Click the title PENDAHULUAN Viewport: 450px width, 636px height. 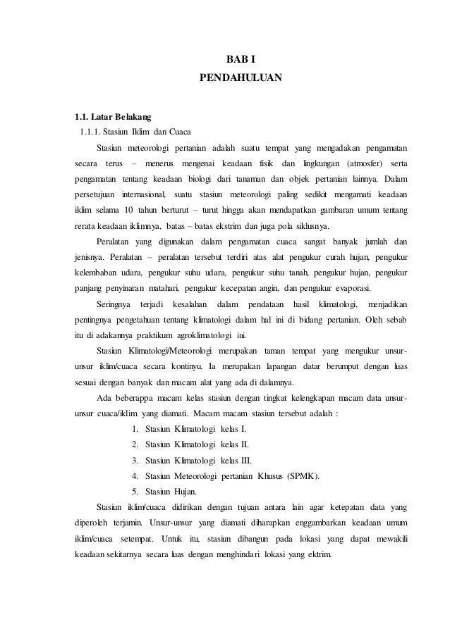point(241,74)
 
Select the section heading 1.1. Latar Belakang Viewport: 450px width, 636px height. point(108,116)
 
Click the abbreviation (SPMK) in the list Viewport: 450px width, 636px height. point(302,476)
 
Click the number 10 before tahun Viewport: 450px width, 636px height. point(128,210)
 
